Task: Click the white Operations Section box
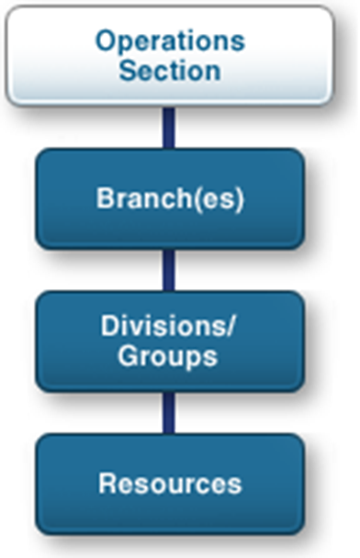click(x=170, y=55)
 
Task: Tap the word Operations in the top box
click(x=171, y=41)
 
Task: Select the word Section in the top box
click(x=170, y=71)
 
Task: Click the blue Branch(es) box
click(x=170, y=199)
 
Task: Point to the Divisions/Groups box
click(x=170, y=341)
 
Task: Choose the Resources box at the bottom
click(x=170, y=484)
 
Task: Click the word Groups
click(x=171, y=357)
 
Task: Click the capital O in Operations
click(x=105, y=41)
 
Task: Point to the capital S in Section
click(x=127, y=71)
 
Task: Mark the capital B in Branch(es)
click(x=106, y=199)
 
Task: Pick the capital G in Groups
click(x=126, y=357)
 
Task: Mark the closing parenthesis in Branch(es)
click(x=239, y=200)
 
